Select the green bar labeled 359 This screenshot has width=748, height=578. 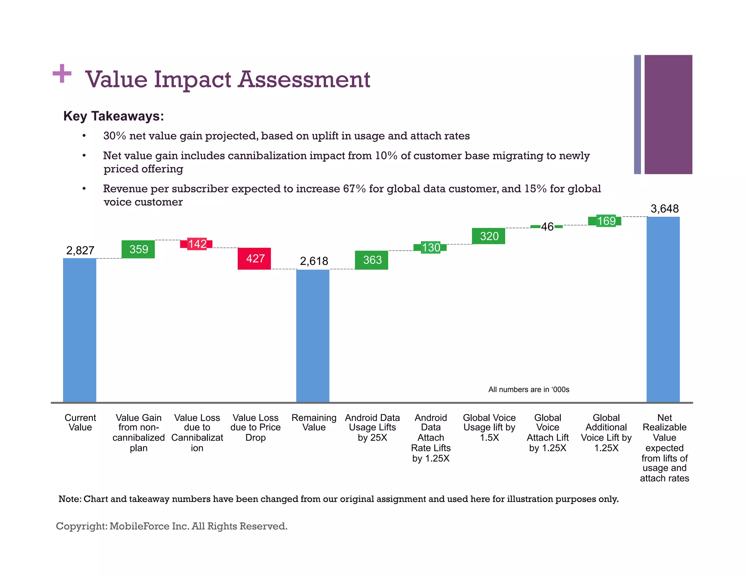pyautogui.click(x=138, y=249)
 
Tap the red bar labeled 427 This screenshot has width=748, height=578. pyautogui.click(x=254, y=259)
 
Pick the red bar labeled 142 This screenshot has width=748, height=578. pyautogui.click(x=196, y=244)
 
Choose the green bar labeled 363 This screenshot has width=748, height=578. pyautogui.click(x=371, y=260)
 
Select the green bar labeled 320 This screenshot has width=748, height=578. pyautogui.click(x=488, y=236)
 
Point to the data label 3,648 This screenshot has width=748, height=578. pyautogui.click(x=664, y=209)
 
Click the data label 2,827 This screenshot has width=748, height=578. pyautogui.click(x=80, y=250)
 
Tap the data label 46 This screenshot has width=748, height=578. pyautogui.click(x=547, y=227)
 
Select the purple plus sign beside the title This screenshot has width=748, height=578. pyautogui.click(x=62, y=73)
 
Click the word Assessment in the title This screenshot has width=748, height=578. pyautogui.click(x=304, y=79)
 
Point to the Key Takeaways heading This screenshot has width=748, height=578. pyautogui.click(x=114, y=116)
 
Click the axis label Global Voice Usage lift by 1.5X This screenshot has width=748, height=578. pyautogui.click(x=489, y=427)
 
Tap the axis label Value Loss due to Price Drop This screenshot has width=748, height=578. pyautogui.click(x=255, y=427)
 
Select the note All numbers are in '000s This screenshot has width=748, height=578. pyautogui.click(x=528, y=389)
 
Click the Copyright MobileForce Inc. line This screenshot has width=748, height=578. pyautogui.click(x=172, y=526)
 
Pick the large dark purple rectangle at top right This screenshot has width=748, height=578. pyautogui.click(x=668, y=114)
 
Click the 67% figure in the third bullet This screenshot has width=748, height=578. pyautogui.click(x=354, y=189)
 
